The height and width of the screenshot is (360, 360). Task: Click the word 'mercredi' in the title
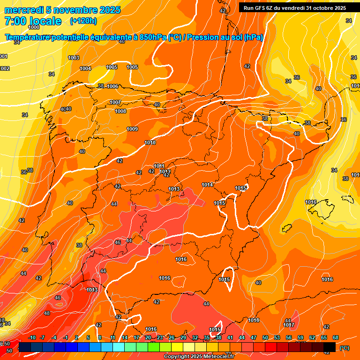click(21, 10)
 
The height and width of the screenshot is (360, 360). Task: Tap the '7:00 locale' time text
click(33, 21)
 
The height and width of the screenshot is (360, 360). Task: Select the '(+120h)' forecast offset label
click(83, 21)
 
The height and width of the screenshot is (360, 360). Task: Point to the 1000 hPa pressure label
click(34, 28)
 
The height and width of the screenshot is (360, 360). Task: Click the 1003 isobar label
click(74, 58)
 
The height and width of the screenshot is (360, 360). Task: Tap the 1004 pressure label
click(85, 68)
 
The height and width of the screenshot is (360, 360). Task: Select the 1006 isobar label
click(112, 86)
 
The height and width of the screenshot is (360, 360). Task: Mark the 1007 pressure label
click(115, 102)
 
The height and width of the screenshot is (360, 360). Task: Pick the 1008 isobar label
click(120, 111)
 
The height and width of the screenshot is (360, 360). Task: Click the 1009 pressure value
click(132, 129)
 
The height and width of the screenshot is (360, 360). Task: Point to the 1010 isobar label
click(150, 142)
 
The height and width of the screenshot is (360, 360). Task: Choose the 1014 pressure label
click(208, 185)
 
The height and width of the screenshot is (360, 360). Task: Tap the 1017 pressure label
click(289, 325)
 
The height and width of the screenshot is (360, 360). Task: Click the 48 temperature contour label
click(47, 313)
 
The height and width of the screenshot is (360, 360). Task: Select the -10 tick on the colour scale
click(32, 337)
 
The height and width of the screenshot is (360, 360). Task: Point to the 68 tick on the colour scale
click(336, 337)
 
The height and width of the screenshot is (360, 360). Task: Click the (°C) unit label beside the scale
click(345, 348)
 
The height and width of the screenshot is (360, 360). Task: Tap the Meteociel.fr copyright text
click(199, 356)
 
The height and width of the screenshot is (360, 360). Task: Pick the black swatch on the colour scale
click(330, 347)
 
